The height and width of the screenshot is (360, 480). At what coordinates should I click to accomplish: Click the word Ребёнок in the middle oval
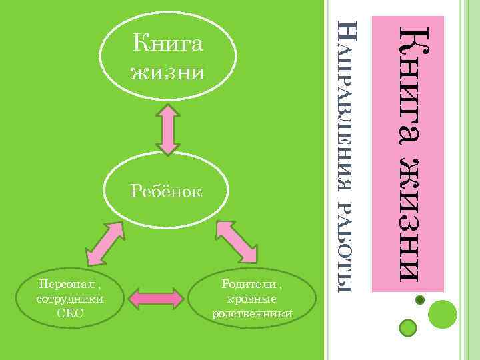point(167,193)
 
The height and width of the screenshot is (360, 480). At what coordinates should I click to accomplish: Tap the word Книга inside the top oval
point(167,44)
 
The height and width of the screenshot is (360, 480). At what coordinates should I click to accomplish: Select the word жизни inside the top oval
point(167,70)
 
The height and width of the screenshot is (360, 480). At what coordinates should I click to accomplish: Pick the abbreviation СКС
point(70,313)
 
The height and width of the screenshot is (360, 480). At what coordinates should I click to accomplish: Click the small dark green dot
point(420,301)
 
